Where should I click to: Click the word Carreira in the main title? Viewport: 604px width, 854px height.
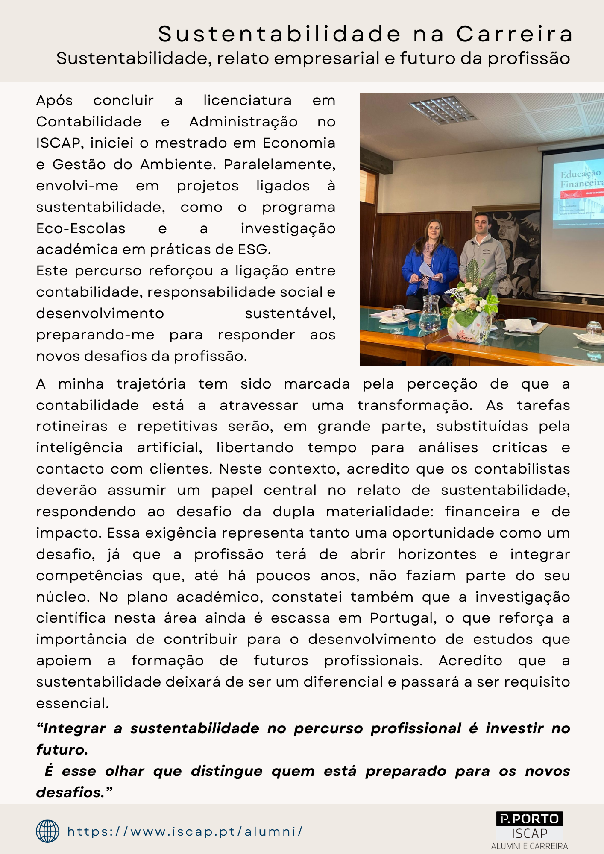(x=515, y=34)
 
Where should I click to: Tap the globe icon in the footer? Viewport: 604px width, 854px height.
(x=47, y=831)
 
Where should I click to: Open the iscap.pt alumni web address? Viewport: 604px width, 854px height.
(x=185, y=831)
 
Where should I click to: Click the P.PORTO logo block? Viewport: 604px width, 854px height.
(x=529, y=819)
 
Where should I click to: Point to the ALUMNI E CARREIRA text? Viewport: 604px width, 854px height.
(x=529, y=846)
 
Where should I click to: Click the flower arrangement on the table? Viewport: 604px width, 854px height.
(x=470, y=307)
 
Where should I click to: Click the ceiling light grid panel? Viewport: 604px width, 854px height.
(x=442, y=108)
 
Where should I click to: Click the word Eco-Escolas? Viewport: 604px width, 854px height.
(x=81, y=228)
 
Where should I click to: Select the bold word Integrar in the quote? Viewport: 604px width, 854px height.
(x=74, y=728)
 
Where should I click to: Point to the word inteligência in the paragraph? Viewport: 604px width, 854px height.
(x=79, y=447)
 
